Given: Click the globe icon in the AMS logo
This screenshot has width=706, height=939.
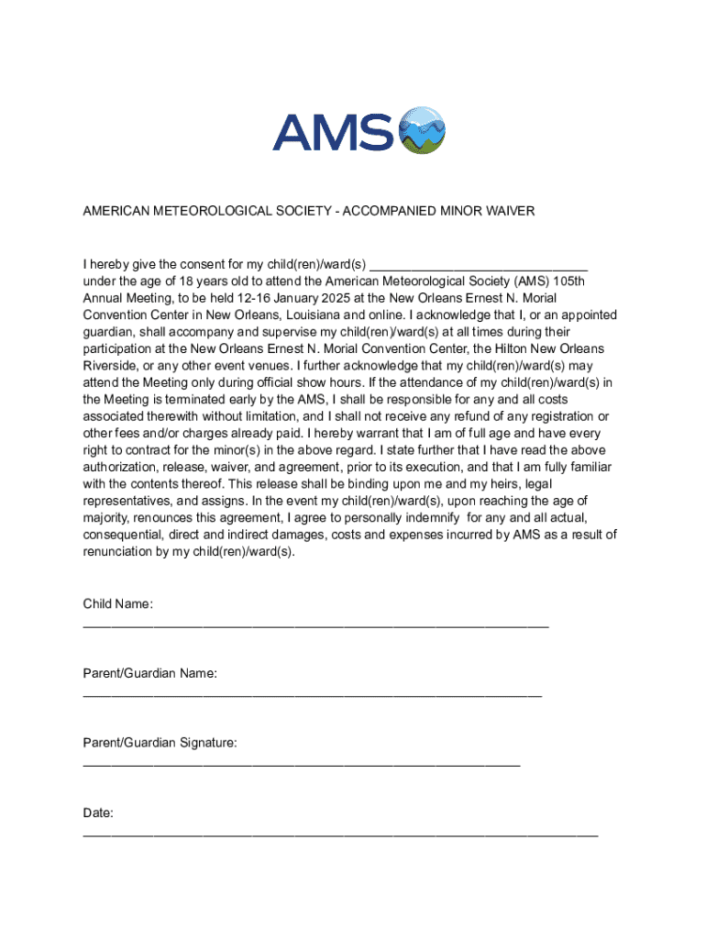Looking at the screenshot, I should (422, 129).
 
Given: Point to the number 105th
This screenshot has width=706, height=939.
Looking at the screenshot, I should (568, 282).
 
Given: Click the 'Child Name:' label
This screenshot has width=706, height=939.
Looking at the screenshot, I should (118, 603).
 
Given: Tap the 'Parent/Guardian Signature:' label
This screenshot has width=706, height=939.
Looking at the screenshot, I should (160, 742).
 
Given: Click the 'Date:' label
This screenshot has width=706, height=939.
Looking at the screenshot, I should (98, 812).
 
